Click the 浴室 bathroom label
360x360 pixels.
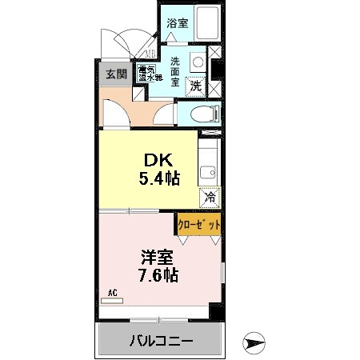[178, 23]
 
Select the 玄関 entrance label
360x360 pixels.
[115, 74]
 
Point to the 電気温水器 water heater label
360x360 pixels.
[150, 74]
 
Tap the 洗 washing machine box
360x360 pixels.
[195, 86]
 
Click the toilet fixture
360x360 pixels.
[206, 112]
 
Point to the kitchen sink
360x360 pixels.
[208, 171]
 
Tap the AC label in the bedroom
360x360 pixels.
[113, 294]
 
